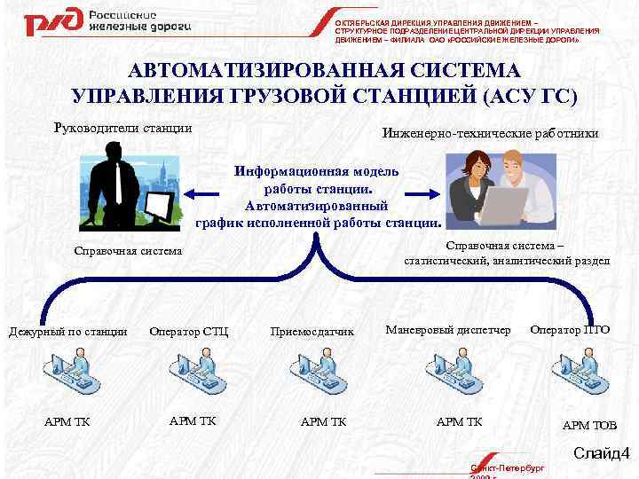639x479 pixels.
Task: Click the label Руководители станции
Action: point(123,128)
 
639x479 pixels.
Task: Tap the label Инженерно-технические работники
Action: point(490,133)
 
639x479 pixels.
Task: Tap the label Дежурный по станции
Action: point(67,332)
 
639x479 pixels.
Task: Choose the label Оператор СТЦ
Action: point(189,332)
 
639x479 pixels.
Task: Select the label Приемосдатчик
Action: point(312,332)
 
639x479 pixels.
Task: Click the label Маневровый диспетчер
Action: point(448,330)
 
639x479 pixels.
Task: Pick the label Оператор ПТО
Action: point(570,330)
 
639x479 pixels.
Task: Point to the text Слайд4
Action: point(600,454)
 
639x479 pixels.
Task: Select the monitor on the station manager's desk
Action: point(160,207)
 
